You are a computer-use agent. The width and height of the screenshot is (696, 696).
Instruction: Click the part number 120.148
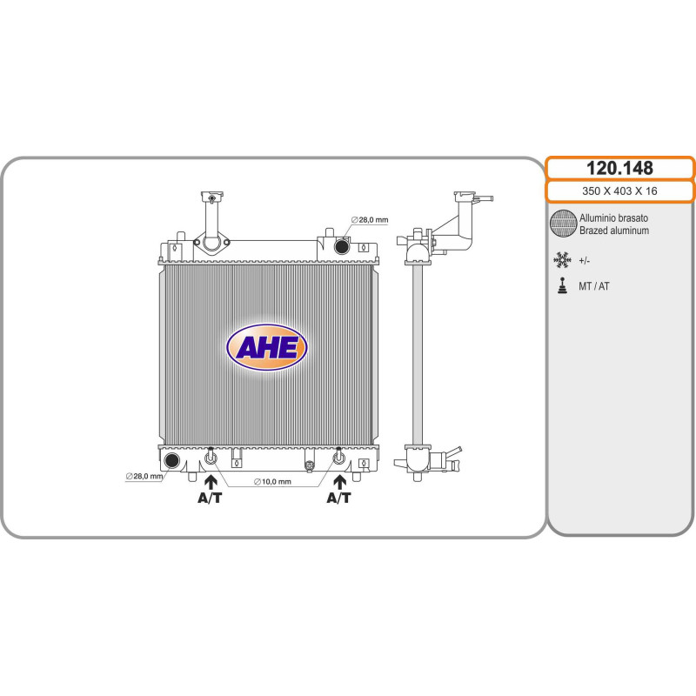619,168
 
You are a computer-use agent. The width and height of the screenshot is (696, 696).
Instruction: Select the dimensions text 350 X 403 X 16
619,191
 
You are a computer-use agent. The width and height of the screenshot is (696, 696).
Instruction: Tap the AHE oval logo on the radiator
266,347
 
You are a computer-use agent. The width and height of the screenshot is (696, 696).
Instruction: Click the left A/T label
210,498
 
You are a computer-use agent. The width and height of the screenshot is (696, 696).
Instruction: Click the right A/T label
338,498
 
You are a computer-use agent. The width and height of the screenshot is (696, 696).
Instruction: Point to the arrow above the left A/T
211,482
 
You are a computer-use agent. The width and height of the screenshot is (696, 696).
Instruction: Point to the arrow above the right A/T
340,482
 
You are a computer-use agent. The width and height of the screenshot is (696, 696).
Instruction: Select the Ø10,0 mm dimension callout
272,482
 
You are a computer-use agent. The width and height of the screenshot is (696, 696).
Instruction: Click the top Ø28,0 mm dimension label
369,220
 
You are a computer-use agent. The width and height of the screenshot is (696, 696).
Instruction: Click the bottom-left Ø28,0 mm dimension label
144,476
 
